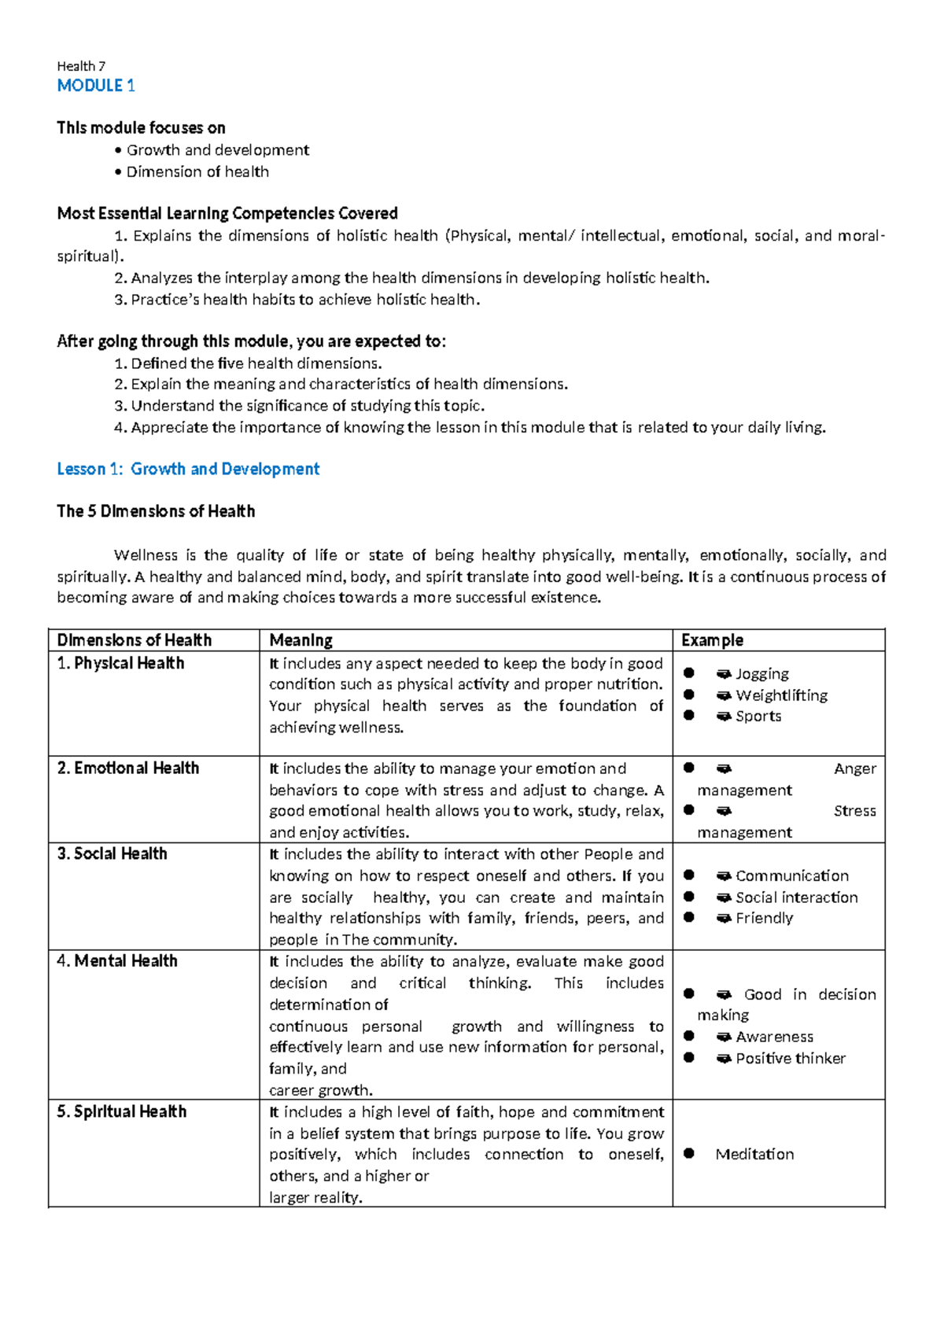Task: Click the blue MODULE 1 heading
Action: [x=96, y=86]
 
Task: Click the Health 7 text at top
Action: [x=81, y=66]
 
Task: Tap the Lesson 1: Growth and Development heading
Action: [x=188, y=469]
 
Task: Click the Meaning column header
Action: [x=301, y=640]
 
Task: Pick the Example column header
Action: [x=712, y=640]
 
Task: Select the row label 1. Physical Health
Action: [x=120, y=663]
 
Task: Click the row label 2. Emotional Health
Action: [x=127, y=768]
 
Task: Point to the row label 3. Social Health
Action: [x=112, y=853]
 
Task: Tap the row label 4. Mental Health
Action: [x=117, y=960]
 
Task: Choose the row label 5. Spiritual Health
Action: [x=121, y=1111]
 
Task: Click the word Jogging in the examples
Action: [x=761, y=674]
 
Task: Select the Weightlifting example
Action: [x=781, y=695]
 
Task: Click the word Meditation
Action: [x=754, y=1154]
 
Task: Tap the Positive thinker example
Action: [x=790, y=1059]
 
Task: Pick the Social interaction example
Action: [x=796, y=897]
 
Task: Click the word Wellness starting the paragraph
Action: [x=146, y=555]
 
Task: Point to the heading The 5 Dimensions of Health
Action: [x=156, y=511]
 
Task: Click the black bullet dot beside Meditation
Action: [x=689, y=1153]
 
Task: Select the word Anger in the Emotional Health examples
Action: [x=854, y=768]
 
